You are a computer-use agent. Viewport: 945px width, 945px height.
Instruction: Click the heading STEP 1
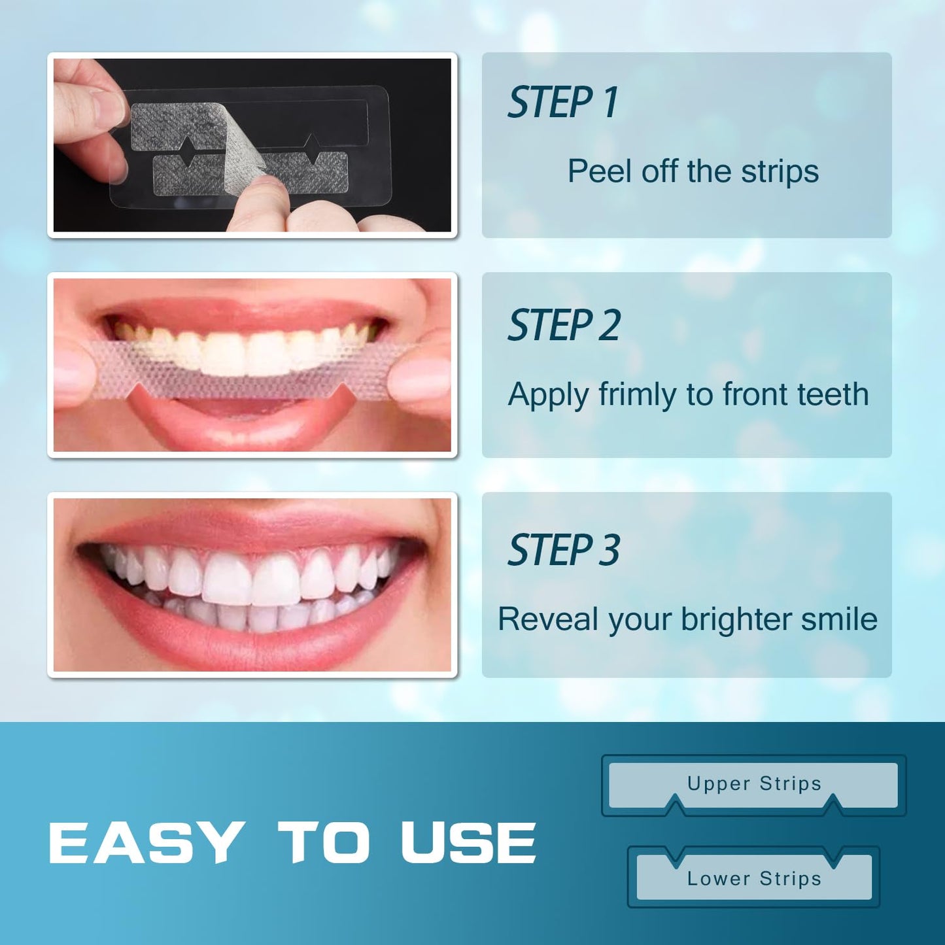click(562, 103)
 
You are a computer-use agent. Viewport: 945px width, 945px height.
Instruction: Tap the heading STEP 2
click(564, 326)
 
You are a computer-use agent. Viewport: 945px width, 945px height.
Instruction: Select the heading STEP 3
click(564, 550)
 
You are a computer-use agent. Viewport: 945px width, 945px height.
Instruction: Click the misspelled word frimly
click(637, 395)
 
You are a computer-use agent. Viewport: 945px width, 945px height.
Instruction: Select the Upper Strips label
click(754, 783)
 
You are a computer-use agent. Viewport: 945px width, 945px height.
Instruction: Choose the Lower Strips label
click(754, 879)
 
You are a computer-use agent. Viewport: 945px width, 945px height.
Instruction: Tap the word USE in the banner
click(468, 842)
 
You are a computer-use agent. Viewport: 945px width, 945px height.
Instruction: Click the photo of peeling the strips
click(252, 145)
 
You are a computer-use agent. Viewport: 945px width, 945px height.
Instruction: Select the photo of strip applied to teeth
click(252, 365)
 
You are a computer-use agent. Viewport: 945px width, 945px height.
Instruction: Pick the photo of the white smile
click(252, 585)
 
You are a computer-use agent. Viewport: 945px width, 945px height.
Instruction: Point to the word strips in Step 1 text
click(780, 171)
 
